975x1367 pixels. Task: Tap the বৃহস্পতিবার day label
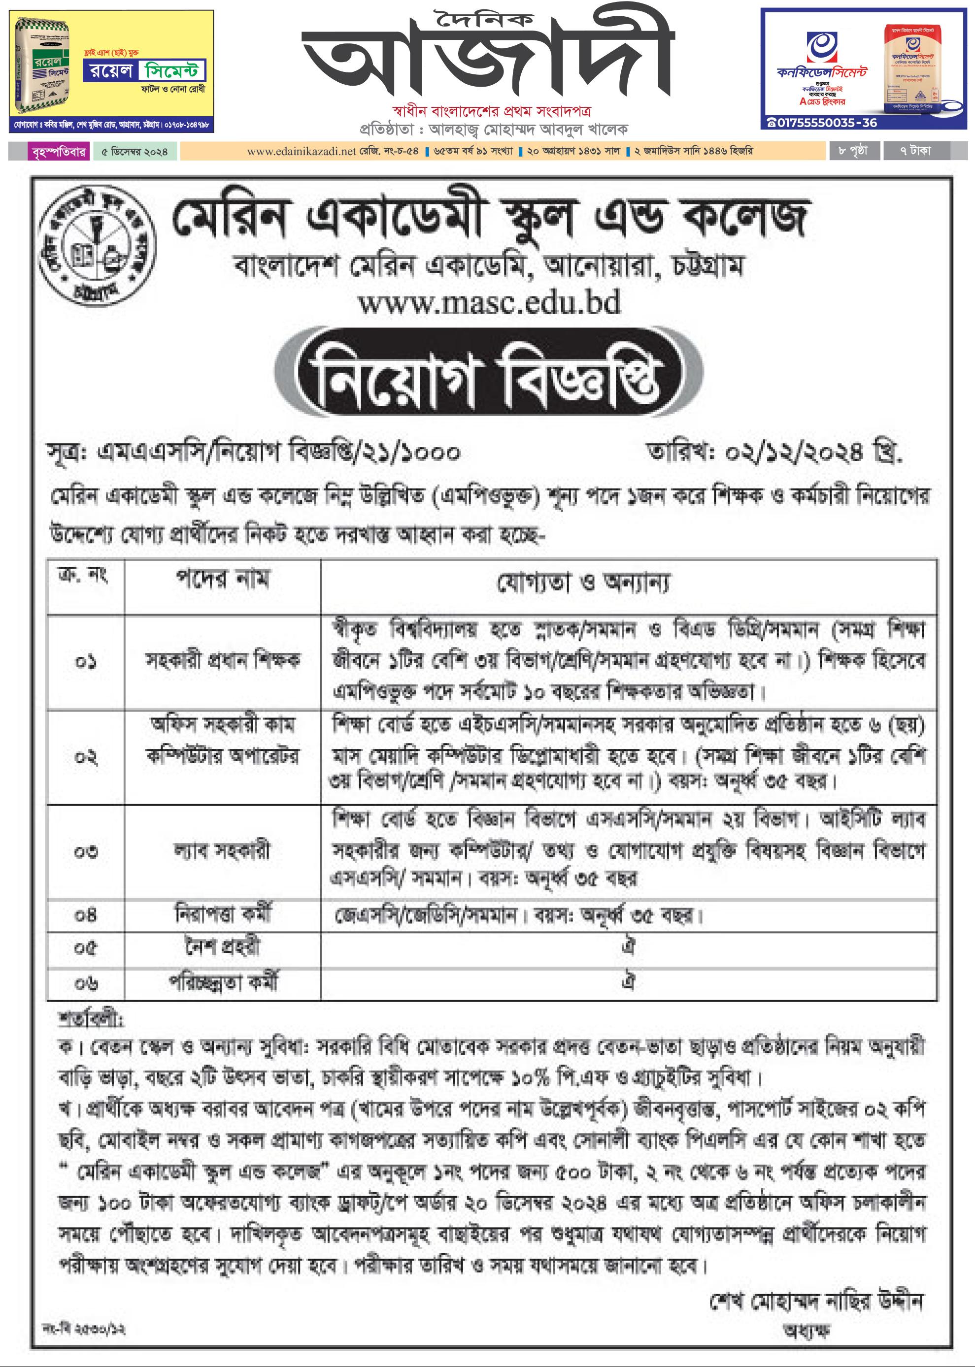[58, 151]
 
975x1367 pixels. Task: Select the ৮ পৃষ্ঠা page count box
[853, 151]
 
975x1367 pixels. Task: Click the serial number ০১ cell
[86, 662]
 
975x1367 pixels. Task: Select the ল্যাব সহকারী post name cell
[222, 850]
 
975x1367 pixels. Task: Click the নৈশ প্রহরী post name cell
[222, 947]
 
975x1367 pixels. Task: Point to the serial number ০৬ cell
[86, 982]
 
